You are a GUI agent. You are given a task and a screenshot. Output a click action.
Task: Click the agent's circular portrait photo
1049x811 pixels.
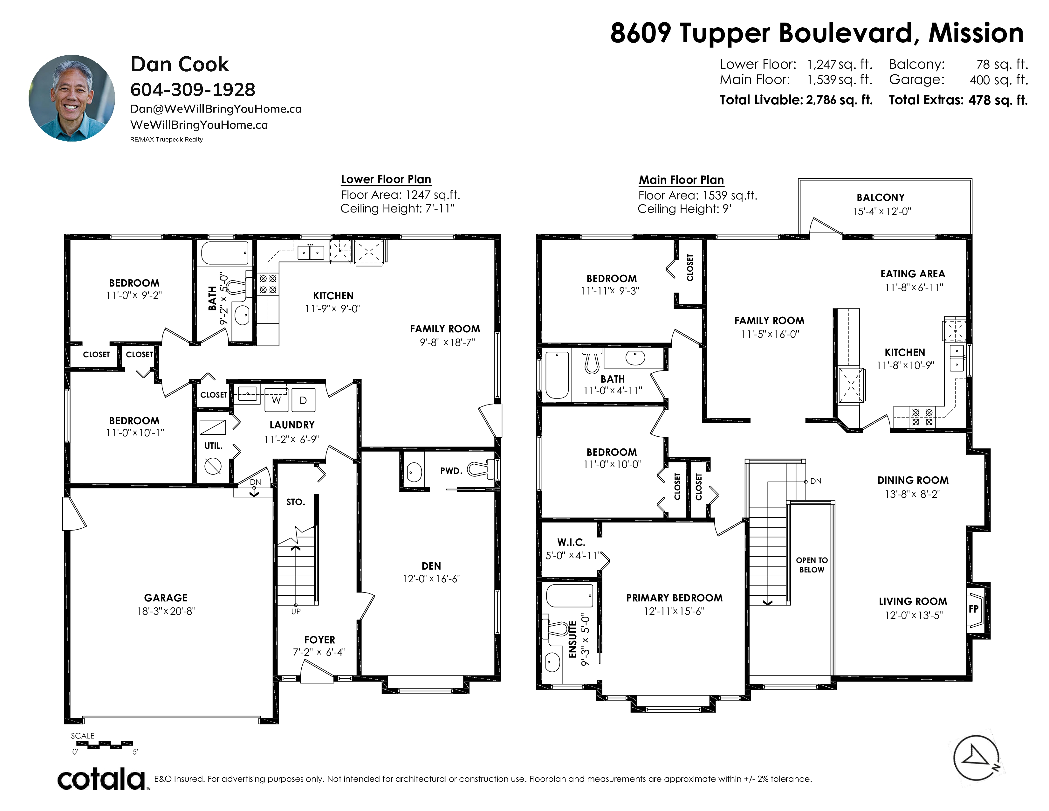pos(72,98)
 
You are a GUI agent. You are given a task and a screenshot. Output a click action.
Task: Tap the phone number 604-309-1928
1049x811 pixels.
pos(193,90)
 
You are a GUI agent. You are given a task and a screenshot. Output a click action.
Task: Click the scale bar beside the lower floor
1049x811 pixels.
pos(104,745)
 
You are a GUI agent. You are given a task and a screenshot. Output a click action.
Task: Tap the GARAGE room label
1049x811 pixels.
pos(166,598)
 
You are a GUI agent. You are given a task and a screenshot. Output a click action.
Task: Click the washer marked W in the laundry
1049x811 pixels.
pos(276,400)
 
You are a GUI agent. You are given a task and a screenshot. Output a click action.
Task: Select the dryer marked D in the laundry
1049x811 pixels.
pos(303,400)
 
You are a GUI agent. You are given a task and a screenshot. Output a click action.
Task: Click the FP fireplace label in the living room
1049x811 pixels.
pos(974,609)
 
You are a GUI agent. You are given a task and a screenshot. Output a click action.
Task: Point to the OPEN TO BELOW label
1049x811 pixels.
pos(812,565)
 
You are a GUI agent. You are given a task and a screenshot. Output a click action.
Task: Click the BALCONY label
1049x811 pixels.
pos(881,198)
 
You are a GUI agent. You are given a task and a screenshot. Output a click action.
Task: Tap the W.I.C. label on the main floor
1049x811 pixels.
pos(571,543)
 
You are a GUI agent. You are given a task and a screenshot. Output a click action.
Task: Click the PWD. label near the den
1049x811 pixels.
pos(451,471)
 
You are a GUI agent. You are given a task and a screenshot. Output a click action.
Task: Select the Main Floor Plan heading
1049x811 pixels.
pos(681,180)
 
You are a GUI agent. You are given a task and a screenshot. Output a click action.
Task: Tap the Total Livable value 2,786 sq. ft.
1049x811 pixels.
pos(839,100)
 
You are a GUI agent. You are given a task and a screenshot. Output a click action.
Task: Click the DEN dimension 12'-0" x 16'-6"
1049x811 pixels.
pos(431,579)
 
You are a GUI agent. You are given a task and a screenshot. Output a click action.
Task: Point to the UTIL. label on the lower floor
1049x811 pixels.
pos(213,446)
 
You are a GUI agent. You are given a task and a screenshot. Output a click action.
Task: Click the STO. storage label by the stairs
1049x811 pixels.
pos(295,502)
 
